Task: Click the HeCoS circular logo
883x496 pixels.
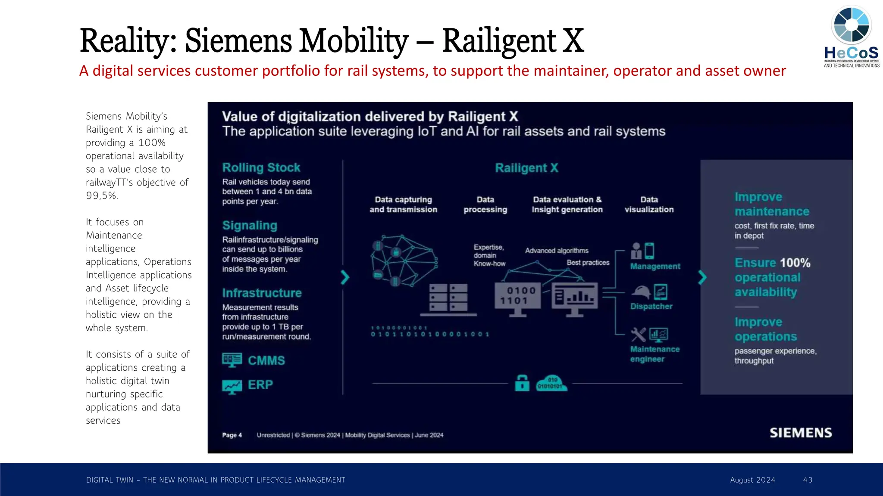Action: click(852, 25)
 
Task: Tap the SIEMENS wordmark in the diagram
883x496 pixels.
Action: click(801, 433)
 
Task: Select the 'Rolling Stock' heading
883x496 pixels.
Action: click(261, 167)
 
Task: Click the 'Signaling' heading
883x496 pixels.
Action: click(250, 225)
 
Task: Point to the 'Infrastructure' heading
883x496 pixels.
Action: click(262, 293)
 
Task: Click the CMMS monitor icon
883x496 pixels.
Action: click(232, 360)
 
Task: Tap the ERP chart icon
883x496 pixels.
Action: click(232, 386)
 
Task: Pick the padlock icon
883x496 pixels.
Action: click(522, 382)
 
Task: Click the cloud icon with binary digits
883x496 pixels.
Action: click(551, 383)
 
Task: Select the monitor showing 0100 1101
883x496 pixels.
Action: click(517, 298)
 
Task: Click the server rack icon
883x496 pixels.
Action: click(449, 298)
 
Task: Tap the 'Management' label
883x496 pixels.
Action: click(655, 266)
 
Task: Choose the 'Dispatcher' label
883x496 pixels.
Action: click(651, 306)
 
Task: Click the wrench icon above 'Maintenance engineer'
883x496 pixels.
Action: click(638, 335)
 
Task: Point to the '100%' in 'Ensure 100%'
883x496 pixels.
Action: click(795, 263)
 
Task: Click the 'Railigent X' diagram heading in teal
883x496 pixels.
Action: click(526, 168)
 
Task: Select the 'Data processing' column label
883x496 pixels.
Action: click(485, 205)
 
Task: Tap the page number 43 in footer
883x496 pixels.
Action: click(808, 480)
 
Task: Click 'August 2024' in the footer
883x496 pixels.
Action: click(752, 480)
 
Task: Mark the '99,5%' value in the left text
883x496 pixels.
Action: click(102, 195)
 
